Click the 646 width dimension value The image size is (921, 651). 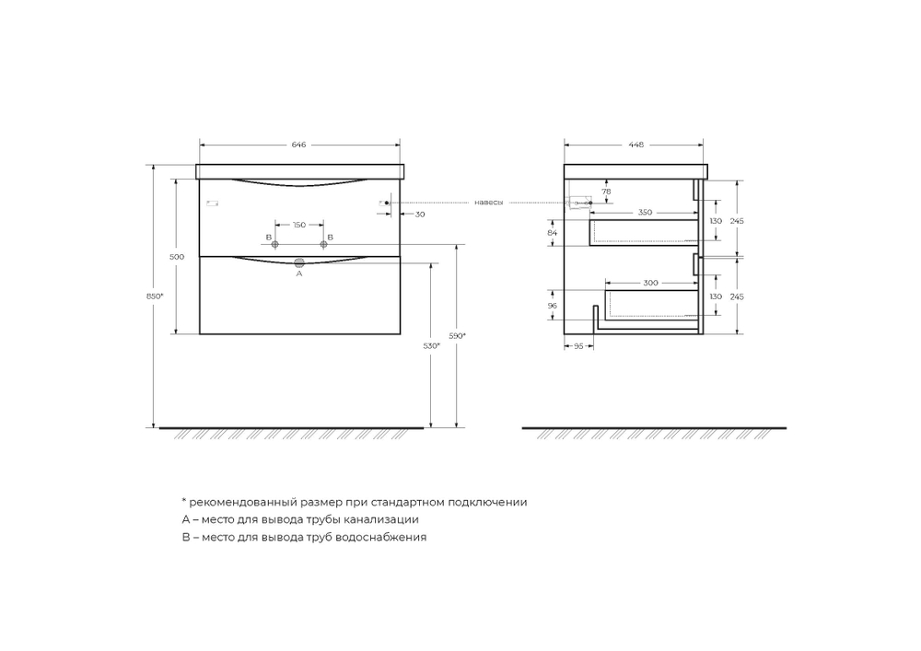[298, 145]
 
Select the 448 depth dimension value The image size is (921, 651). [636, 145]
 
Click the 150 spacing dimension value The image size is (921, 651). [299, 225]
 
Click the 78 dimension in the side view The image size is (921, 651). [606, 192]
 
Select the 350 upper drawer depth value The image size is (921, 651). [645, 213]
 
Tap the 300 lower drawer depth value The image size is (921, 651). [650, 283]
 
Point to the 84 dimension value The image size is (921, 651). [553, 234]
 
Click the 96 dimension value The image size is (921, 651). [553, 305]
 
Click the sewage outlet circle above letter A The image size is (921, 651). [299, 264]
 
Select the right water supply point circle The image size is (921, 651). [323, 244]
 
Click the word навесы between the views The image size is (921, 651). [489, 203]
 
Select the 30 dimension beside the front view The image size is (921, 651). [420, 215]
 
